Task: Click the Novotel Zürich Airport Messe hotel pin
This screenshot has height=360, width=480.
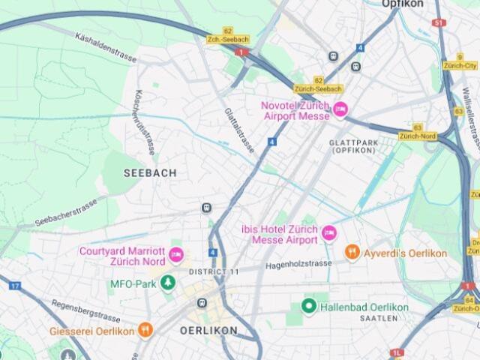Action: (x=340, y=110)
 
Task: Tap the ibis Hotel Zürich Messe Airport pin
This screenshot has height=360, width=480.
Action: (x=328, y=234)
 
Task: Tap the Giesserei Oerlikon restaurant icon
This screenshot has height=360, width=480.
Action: (x=145, y=331)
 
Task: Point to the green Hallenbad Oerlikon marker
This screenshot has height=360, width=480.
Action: (x=308, y=306)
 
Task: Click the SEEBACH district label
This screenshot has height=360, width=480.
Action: (x=150, y=172)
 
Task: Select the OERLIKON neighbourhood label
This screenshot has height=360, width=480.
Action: (x=208, y=330)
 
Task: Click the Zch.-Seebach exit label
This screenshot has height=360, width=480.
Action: (x=228, y=40)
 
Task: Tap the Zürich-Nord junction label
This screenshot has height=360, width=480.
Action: (x=418, y=136)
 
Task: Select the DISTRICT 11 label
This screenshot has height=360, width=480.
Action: (x=214, y=271)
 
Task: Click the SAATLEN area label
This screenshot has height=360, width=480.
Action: (x=379, y=319)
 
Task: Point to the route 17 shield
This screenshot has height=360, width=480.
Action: (x=15, y=286)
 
